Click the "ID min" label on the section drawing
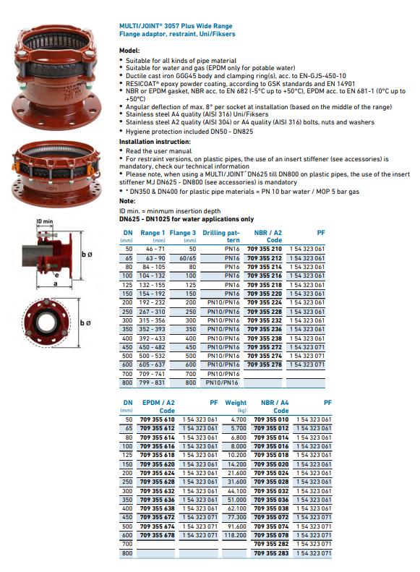tap(46, 221)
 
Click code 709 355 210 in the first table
tap(265, 248)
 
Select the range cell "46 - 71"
tap(153, 248)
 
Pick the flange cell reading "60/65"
tap(188, 257)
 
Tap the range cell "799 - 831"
tap(153, 383)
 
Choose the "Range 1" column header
tap(153, 232)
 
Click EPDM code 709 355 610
tap(157, 419)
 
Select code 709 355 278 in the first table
tap(265, 364)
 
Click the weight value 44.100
tap(236, 490)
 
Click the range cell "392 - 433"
tap(153, 338)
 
